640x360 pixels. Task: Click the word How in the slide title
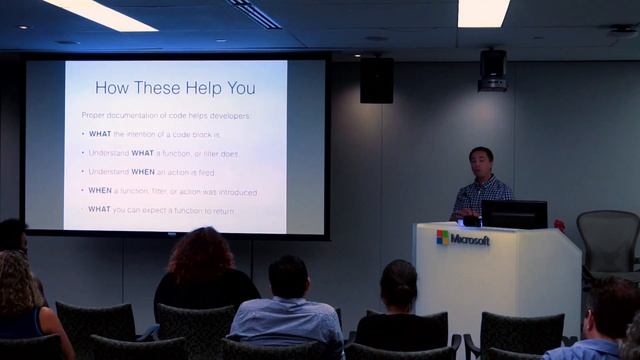[113, 87]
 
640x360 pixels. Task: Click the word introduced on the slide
[233, 191]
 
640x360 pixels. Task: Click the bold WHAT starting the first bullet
[100, 134]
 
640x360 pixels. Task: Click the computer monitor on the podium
[514, 214]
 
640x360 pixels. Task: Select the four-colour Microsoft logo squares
[443, 238]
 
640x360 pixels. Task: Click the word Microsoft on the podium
[470, 239]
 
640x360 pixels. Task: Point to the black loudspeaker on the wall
[376, 79]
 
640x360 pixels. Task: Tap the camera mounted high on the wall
[492, 70]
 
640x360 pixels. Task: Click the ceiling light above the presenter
[484, 12]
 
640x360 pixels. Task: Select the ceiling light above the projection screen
[100, 13]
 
